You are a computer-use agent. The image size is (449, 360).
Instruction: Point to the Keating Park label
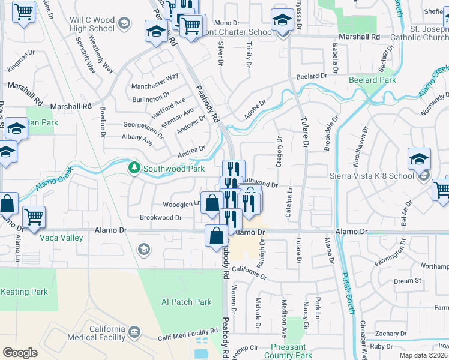24,292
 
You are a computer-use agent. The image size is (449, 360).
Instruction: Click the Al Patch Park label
187,302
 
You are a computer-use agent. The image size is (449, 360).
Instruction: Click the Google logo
20,352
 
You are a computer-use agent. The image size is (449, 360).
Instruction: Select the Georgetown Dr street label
143,129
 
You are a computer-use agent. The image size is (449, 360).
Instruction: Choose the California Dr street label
248,272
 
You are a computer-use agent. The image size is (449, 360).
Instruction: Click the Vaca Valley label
61,238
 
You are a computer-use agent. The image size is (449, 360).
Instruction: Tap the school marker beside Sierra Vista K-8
419,160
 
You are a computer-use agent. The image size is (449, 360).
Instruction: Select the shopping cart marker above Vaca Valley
34,217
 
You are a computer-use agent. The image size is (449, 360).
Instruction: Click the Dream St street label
408,281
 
